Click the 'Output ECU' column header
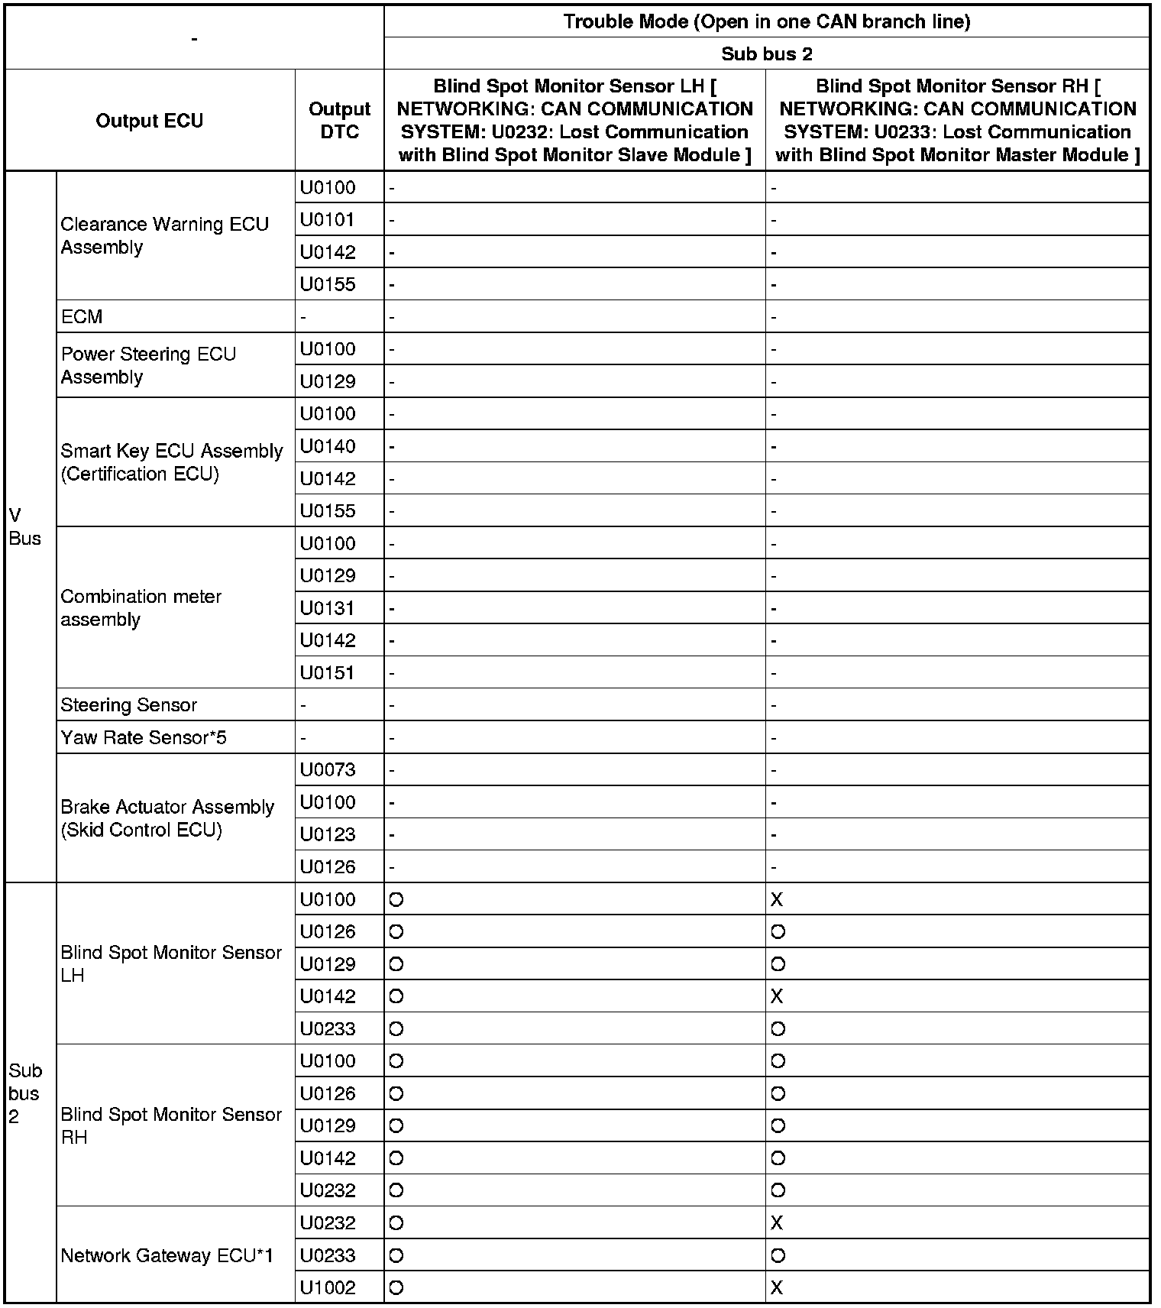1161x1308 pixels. tap(150, 121)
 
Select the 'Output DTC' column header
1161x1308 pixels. tap(339, 121)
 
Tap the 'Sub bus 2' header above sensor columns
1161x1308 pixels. tap(766, 54)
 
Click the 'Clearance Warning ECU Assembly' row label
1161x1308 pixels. tap(164, 235)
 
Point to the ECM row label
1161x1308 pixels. tap(82, 316)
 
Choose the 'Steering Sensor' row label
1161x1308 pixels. tap(128, 704)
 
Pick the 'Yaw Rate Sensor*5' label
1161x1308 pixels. tap(144, 737)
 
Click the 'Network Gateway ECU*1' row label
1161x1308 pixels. tap(167, 1255)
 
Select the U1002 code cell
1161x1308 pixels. tap(328, 1287)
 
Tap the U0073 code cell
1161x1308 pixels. tap(328, 769)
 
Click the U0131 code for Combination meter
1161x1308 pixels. tap(328, 608)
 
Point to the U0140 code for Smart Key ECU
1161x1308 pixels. tap(328, 446)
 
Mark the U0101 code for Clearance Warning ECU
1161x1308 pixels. tap(328, 220)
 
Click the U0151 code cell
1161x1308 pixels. tap(328, 672)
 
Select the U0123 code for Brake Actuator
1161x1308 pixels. tap(328, 834)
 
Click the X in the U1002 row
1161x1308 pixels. tap(777, 1287)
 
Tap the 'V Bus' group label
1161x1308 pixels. tap(24, 527)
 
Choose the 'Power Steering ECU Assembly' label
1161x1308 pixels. tap(148, 365)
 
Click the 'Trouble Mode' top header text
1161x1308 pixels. tap(766, 21)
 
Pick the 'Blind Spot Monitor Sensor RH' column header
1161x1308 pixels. tap(957, 121)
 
